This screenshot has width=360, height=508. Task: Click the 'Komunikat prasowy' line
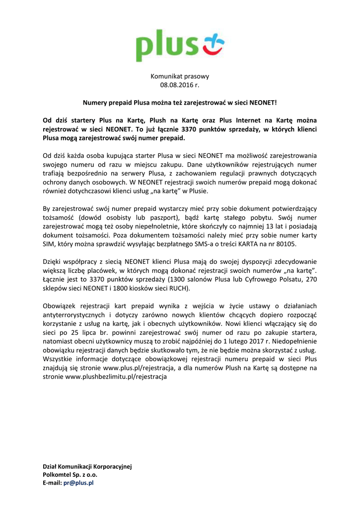(x=180, y=76)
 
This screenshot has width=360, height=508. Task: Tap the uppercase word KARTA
(x=246, y=244)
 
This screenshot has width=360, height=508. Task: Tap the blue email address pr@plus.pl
(x=78, y=483)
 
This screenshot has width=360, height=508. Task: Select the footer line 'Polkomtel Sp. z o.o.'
(x=71, y=474)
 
